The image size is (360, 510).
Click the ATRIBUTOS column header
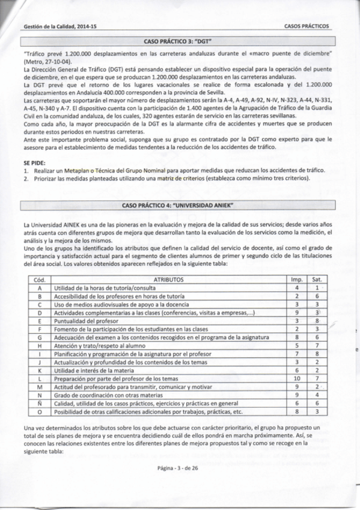point(169,280)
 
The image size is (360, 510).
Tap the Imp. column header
point(296,280)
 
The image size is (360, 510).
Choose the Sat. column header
point(317,280)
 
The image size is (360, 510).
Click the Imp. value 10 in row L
point(296,378)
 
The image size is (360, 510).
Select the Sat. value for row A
point(317,288)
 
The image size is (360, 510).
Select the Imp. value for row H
point(296,346)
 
